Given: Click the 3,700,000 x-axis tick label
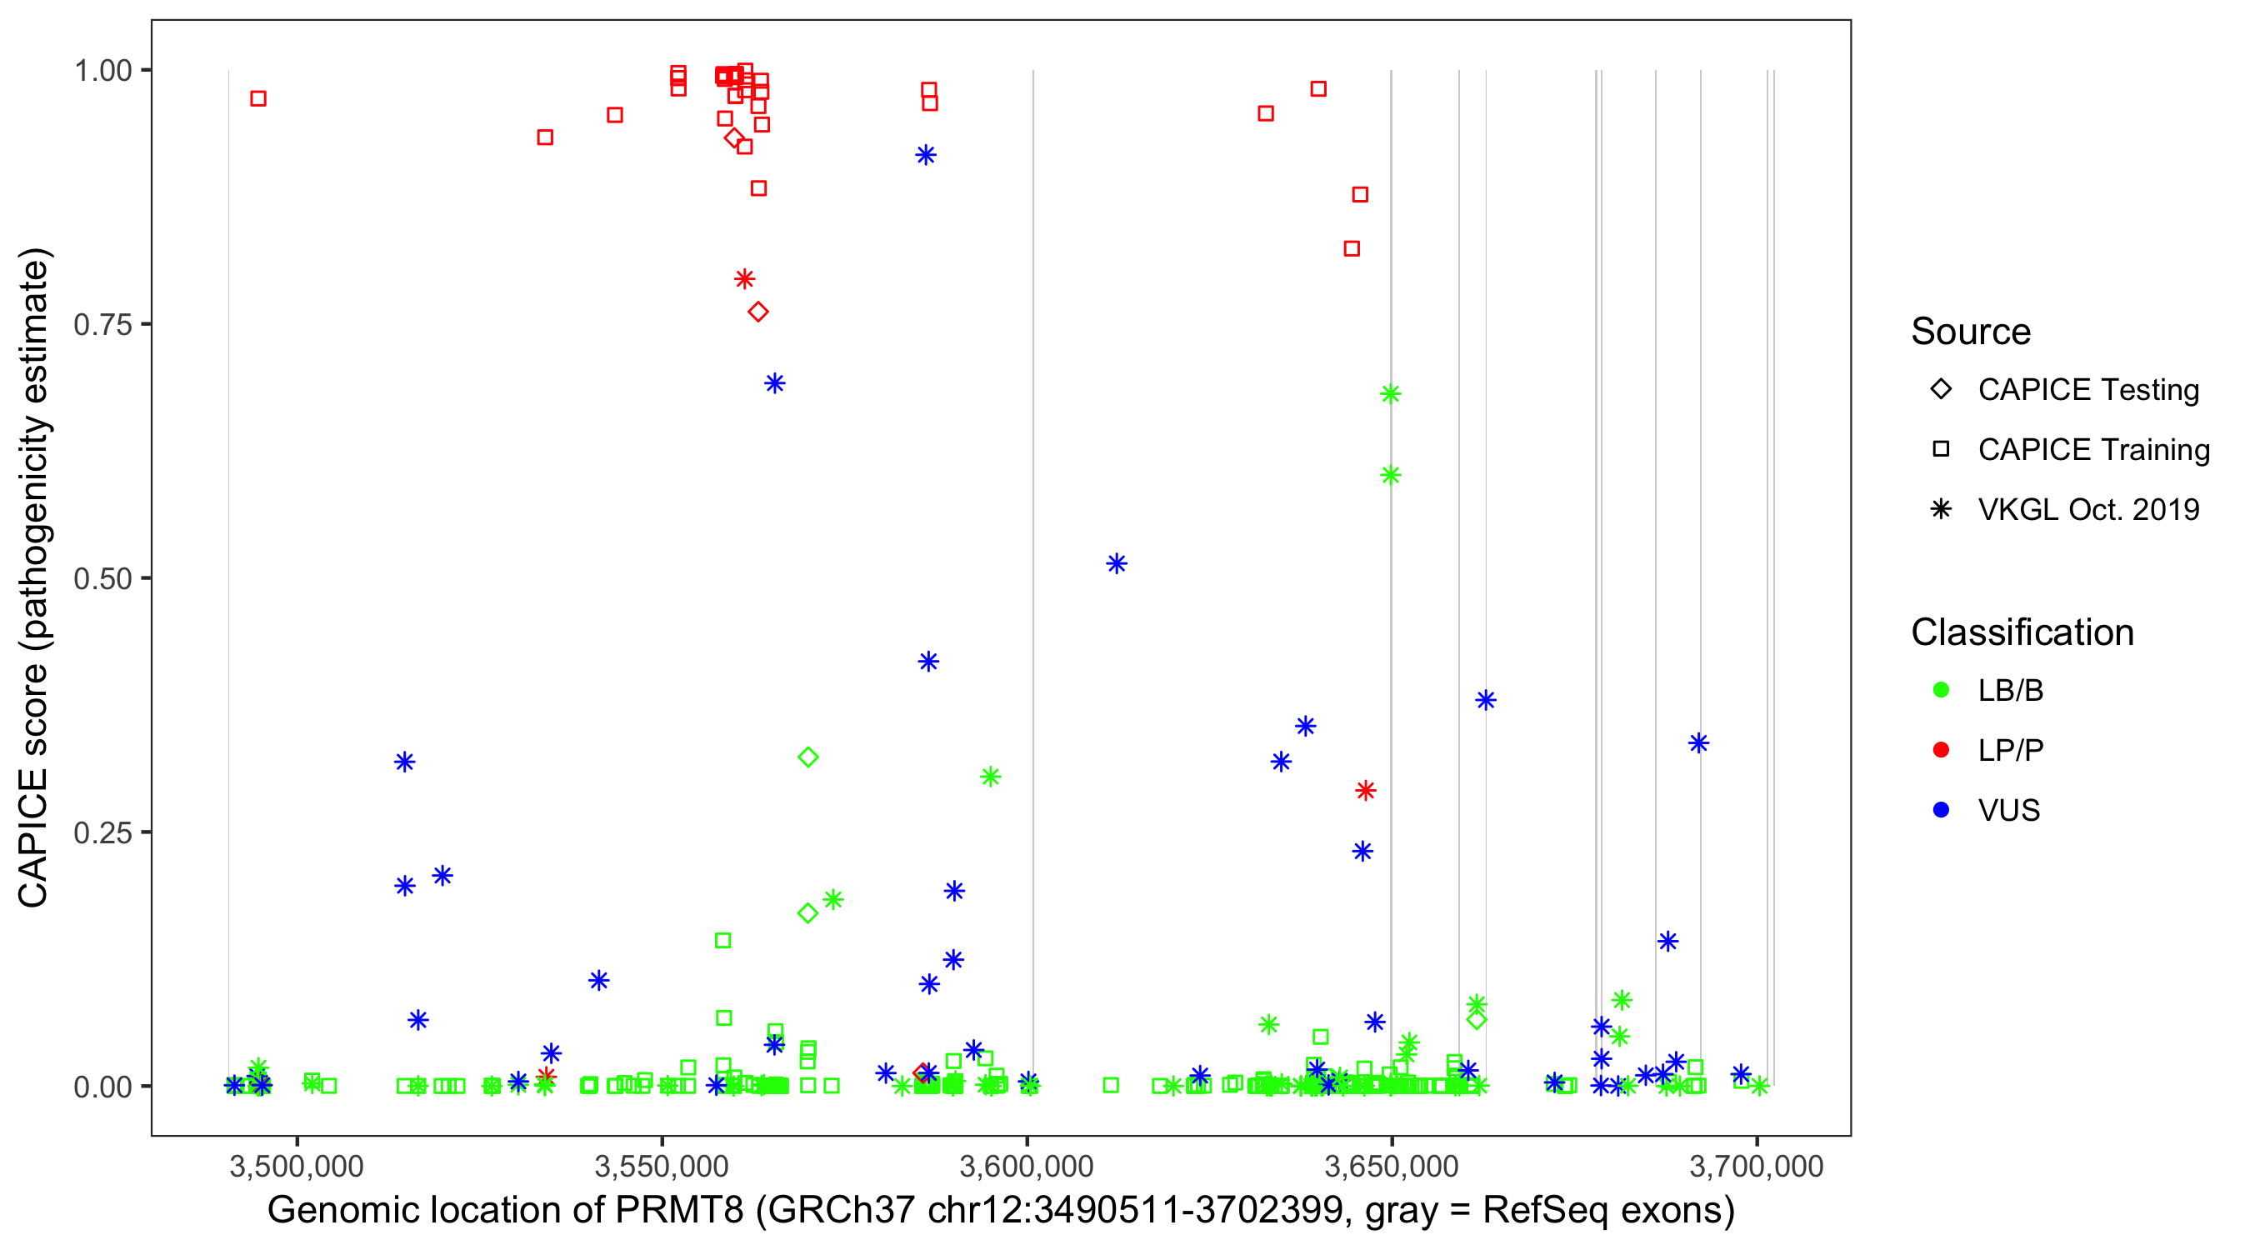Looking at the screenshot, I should [1757, 1166].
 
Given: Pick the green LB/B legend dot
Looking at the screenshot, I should [1941, 690].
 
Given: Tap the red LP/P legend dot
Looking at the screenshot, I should [1941, 750].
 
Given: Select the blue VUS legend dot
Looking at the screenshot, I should [1941, 810].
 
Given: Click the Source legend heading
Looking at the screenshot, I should [1971, 332].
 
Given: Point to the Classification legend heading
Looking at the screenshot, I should [2022, 632].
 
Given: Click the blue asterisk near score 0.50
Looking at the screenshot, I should [1117, 563].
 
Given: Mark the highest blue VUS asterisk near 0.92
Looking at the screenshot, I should [926, 156].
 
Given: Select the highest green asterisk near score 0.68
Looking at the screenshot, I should [1391, 394].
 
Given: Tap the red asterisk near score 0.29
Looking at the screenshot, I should [1366, 791].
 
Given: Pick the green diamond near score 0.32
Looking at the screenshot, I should [808, 757].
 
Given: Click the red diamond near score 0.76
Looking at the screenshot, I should [758, 312].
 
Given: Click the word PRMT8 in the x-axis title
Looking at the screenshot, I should [679, 1211].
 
